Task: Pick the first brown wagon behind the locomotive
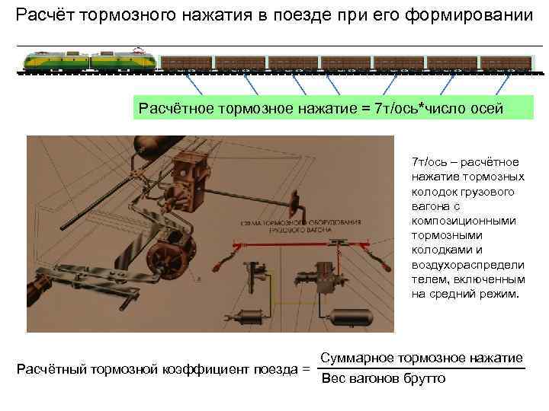(x=186, y=64)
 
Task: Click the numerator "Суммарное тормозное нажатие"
(x=421, y=358)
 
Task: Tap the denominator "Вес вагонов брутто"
(x=383, y=378)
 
